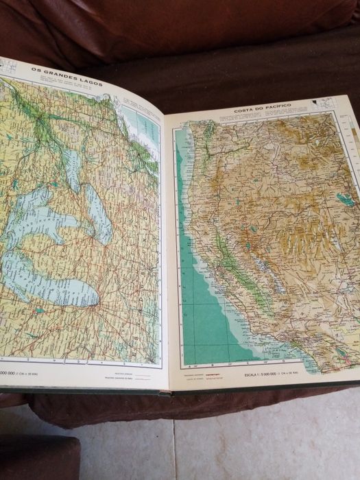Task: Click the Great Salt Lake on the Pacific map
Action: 345,199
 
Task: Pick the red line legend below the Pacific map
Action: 206,374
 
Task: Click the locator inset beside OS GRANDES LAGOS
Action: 10,67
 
